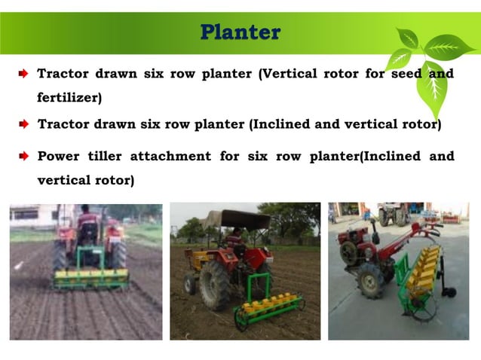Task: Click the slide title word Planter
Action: click(240, 32)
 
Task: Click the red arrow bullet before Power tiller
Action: click(23, 156)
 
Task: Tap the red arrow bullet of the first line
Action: click(23, 74)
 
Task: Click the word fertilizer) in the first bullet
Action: click(69, 97)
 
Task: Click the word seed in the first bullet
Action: click(406, 74)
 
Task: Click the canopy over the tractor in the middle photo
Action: click(239, 219)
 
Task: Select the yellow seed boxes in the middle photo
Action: click(271, 303)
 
